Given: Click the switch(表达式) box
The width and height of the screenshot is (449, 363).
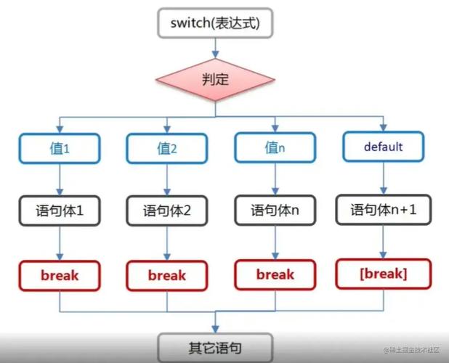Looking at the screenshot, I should click(214, 23).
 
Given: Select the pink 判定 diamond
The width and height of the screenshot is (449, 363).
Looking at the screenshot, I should click(214, 78).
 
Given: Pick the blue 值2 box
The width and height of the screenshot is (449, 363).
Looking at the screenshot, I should click(167, 149).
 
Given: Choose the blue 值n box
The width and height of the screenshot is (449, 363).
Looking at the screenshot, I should click(275, 147).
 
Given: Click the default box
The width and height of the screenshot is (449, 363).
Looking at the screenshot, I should click(383, 147).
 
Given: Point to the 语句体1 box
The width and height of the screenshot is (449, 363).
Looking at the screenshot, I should click(60, 212).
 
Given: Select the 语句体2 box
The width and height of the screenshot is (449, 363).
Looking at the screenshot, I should click(167, 213).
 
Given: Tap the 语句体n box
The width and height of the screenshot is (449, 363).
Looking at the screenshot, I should click(275, 211).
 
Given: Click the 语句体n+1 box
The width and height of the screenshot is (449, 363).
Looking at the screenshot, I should click(383, 211).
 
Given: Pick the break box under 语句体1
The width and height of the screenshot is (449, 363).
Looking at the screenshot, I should click(60, 275).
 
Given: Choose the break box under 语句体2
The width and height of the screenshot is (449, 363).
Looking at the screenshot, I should click(167, 276).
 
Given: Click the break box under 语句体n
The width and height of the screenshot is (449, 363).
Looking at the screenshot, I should click(275, 274).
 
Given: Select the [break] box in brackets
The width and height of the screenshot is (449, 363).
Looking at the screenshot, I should click(383, 274).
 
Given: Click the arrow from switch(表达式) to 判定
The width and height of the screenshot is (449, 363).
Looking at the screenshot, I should click(214, 47).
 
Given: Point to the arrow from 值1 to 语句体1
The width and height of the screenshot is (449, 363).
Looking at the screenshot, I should click(60, 179).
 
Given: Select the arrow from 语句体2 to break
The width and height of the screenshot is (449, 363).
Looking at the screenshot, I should click(167, 244).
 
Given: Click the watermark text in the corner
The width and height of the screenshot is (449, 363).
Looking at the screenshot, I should click(410, 351).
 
